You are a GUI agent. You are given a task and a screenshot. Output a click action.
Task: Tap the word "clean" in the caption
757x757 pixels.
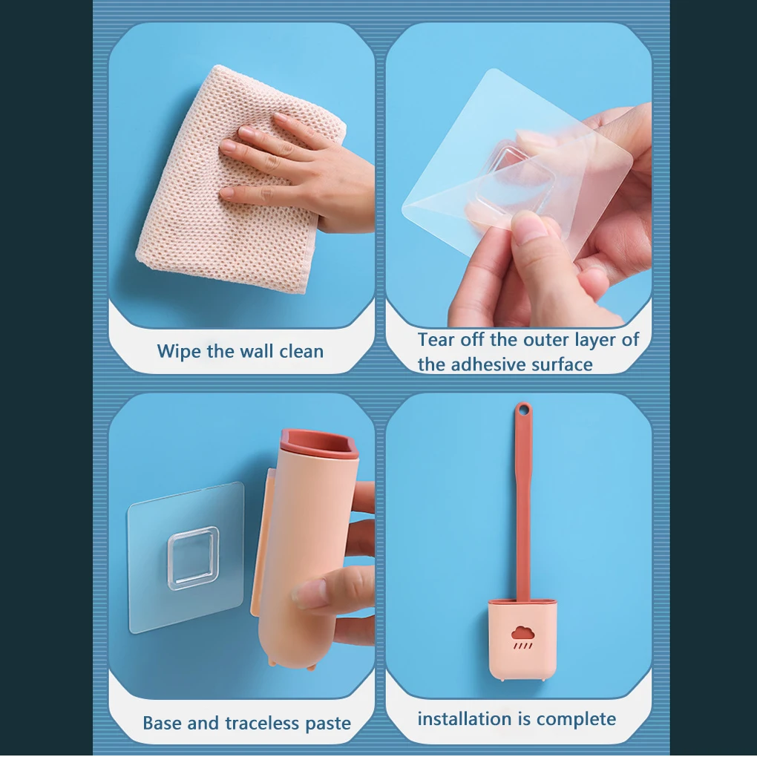point(301,351)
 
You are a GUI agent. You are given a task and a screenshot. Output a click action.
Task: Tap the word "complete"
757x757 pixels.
point(576,718)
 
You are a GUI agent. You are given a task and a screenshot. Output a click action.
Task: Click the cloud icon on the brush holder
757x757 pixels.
point(523,633)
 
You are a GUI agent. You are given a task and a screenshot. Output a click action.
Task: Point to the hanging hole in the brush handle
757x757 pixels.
point(524,410)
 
